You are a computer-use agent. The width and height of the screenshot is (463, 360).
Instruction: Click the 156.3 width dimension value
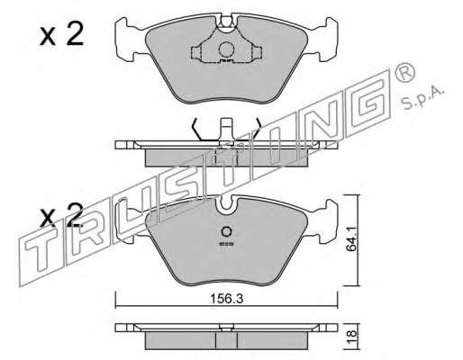click(226, 299)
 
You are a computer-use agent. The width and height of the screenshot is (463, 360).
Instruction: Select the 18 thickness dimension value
click(352, 334)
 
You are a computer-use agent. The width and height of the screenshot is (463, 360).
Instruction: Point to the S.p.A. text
click(422, 97)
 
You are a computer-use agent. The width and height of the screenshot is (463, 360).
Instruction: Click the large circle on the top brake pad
click(226, 49)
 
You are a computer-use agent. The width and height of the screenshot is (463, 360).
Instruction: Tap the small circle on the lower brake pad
click(226, 231)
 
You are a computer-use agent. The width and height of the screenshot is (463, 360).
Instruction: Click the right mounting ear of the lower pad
click(325, 220)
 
